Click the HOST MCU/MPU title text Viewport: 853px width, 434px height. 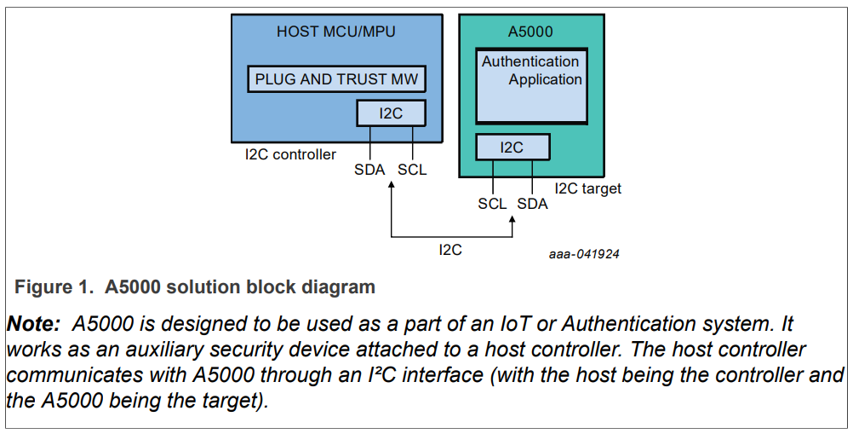(336, 32)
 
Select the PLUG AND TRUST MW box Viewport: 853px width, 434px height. (336, 79)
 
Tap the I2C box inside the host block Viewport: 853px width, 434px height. (391, 113)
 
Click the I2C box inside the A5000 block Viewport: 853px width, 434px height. (512, 147)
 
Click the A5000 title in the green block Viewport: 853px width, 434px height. (530, 32)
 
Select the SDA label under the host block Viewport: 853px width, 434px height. (369, 170)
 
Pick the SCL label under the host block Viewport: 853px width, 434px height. (412, 170)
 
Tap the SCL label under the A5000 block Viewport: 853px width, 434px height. (492, 204)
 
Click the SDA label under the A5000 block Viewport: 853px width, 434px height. (533, 204)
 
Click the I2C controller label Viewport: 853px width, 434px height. (290, 154)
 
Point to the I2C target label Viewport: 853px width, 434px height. (588, 188)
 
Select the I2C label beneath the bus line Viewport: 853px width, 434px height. (450, 250)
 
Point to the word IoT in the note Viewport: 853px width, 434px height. (510, 325)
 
